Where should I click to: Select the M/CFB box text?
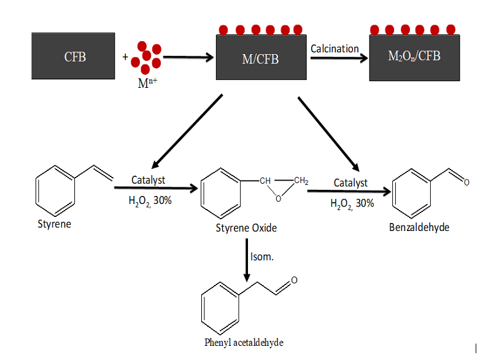pos(261,58)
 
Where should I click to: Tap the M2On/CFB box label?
pos(414,57)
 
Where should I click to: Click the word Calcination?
pos(334,48)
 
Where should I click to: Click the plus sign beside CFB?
pos(126,57)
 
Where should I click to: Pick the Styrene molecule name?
pos(54,224)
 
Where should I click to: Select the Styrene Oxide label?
pos(246,228)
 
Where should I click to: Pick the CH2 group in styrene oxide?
pos(301,181)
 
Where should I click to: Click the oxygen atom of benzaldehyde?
pos(466,182)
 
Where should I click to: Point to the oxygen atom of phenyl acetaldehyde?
pos(295,280)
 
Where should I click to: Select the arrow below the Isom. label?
pos(247,261)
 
